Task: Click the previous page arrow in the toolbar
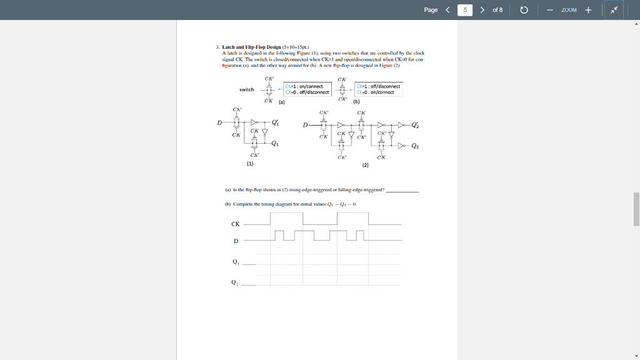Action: (x=447, y=10)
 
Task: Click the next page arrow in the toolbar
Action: (x=482, y=10)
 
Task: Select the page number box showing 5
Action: (x=465, y=10)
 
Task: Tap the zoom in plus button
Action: (x=588, y=10)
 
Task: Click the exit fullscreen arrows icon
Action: (x=613, y=10)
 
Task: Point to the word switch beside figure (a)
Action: (x=247, y=89)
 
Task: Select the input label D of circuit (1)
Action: (x=219, y=122)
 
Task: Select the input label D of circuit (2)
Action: (x=305, y=125)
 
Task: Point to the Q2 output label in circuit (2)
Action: (x=416, y=146)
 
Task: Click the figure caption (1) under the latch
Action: (x=250, y=163)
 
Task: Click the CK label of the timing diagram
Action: (x=236, y=224)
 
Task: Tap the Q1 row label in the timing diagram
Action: (x=236, y=262)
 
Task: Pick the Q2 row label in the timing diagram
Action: (x=235, y=282)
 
